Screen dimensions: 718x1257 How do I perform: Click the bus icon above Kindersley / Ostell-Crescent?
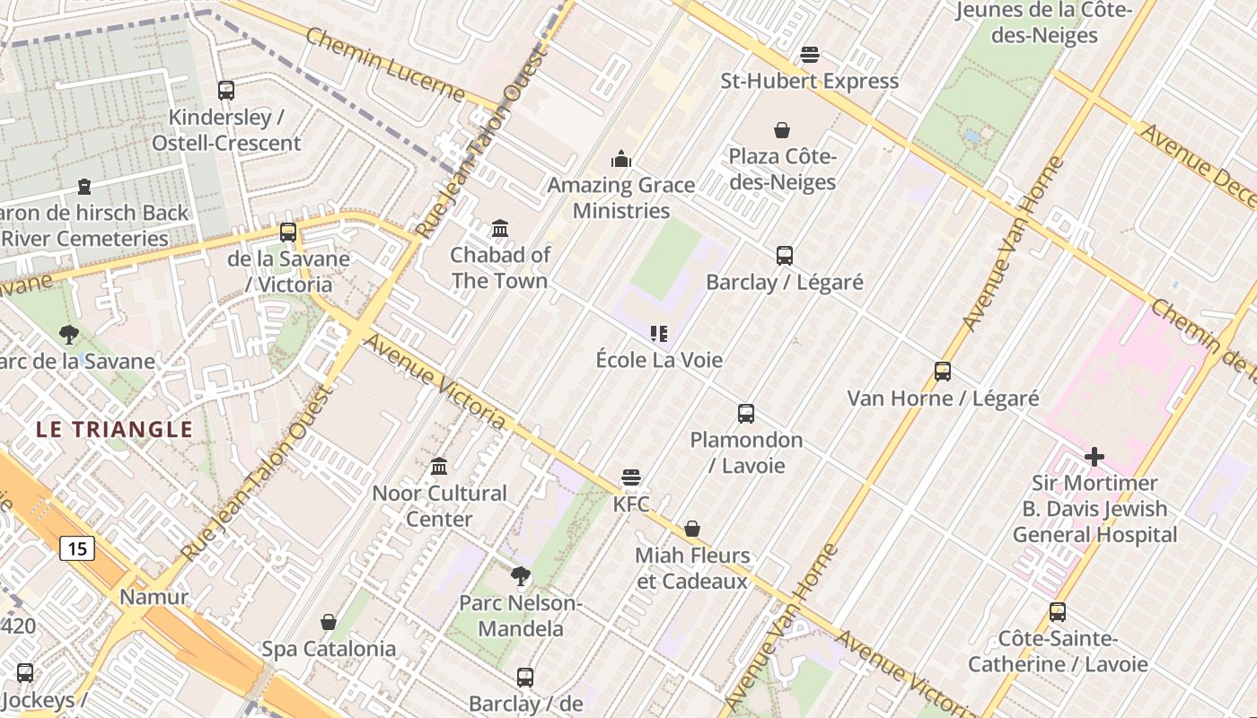[x=226, y=91]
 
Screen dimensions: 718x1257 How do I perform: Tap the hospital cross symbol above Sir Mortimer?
[x=1094, y=457]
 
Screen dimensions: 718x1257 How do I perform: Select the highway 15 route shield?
[x=77, y=547]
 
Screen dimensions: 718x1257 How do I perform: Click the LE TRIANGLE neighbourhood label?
[x=115, y=429]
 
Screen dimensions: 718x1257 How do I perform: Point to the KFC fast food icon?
[x=631, y=477]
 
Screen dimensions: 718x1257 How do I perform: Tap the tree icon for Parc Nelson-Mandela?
[x=520, y=576]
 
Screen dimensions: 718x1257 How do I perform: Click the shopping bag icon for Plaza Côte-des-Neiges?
[x=782, y=130]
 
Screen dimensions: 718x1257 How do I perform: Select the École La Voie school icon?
[x=659, y=334]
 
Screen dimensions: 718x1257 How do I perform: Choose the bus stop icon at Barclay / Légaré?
[x=785, y=256]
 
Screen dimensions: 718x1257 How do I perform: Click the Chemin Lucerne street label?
[x=386, y=65]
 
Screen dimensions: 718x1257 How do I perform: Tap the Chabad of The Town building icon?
[x=500, y=229]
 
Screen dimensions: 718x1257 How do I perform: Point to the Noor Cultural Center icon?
[x=439, y=467]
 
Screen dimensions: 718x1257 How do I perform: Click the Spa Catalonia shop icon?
[x=329, y=622]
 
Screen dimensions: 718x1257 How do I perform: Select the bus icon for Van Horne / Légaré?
[x=943, y=372]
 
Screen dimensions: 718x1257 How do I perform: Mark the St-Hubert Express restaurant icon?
[x=810, y=55]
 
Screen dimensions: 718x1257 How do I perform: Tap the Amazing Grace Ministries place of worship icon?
[x=621, y=160]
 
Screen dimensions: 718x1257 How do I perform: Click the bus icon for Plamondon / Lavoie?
[x=746, y=414]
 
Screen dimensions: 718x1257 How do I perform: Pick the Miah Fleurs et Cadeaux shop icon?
[x=692, y=529]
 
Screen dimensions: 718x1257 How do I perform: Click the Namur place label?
[x=154, y=597]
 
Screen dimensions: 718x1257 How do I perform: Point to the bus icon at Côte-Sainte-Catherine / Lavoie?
[x=1058, y=612]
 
